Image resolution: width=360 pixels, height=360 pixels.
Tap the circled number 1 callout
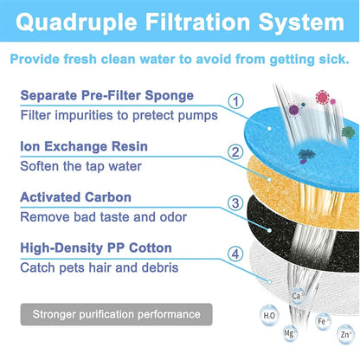tap(234, 100)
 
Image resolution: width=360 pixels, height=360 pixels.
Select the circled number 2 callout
tap(234, 152)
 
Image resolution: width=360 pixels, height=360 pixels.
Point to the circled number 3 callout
tap(234, 205)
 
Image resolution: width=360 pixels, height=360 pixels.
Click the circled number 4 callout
tap(234, 255)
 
